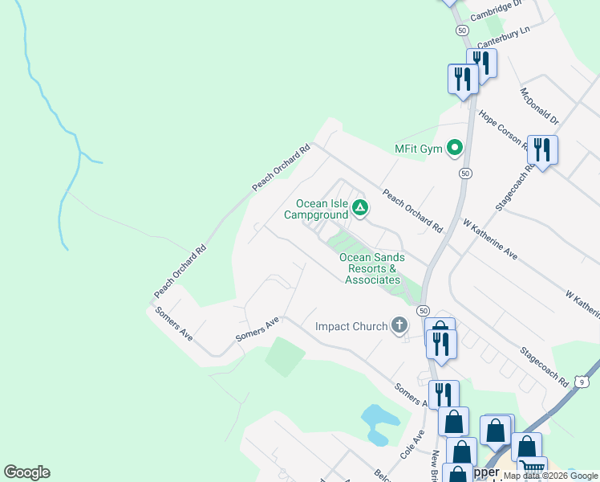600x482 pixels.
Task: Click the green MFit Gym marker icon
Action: click(x=455, y=148)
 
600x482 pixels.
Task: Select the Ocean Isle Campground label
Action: click(x=322, y=209)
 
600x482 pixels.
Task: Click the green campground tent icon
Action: click(x=360, y=209)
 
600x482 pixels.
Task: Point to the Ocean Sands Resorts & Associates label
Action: click(x=372, y=268)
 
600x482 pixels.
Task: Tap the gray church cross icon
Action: click(x=399, y=325)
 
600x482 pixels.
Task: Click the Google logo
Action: click(x=26, y=472)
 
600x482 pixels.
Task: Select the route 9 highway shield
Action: click(x=581, y=383)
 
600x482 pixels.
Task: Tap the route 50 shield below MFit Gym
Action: click(x=464, y=173)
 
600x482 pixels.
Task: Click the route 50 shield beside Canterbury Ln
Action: click(x=461, y=29)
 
